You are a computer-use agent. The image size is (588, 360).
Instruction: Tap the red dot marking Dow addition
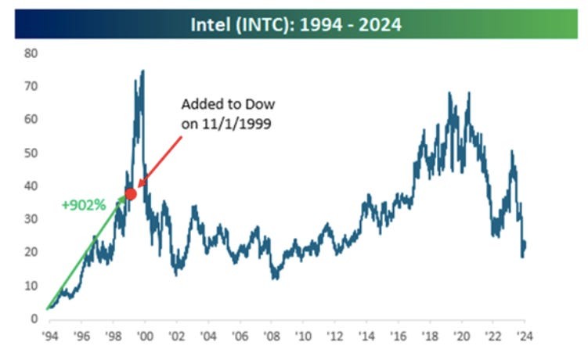coord(131,194)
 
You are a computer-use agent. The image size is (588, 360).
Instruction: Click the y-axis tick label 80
coord(31,53)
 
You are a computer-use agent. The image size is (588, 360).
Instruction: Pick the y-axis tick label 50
coord(31,153)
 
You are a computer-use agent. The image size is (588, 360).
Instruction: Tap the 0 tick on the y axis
coord(34,319)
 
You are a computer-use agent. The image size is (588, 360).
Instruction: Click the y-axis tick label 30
coord(31,219)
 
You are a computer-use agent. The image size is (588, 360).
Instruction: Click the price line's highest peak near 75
coord(142,71)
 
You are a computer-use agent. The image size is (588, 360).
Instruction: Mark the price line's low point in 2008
coord(274,278)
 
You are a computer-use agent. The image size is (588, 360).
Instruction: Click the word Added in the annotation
coord(200,105)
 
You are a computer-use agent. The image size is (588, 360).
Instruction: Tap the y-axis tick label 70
coord(31,86)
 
